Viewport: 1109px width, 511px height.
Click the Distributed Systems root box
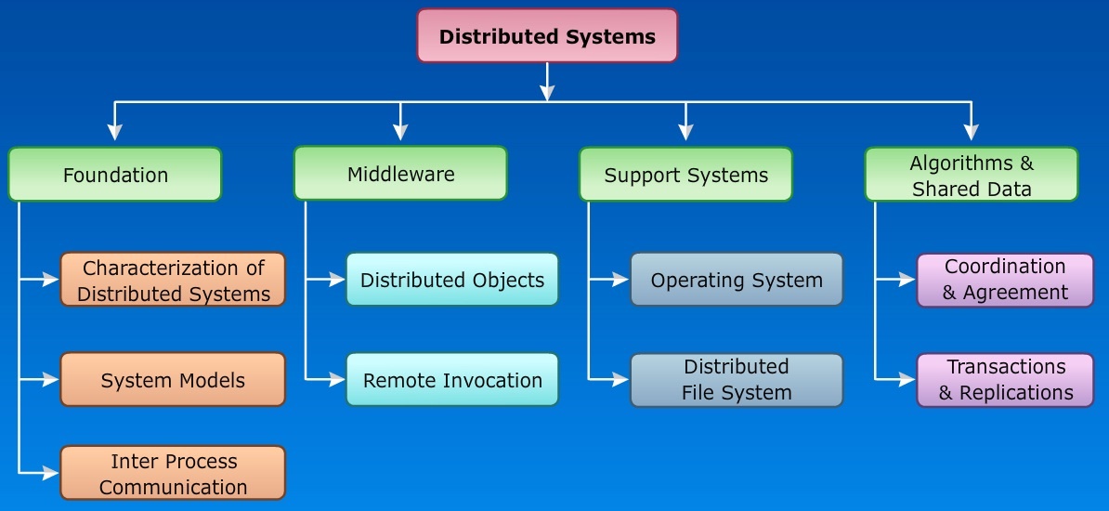pyautogui.click(x=547, y=36)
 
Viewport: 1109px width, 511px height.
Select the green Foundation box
pyautogui.click(x=115, y=175)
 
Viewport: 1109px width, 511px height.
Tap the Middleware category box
pyautogui.click(x=400, y=174)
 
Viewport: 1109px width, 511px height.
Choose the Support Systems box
pyautogui.click(x=685, y=175)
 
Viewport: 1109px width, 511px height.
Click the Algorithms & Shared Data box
pyautogui.click(x=971, y=175)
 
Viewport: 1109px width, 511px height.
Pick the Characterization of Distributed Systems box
pyautogui.click(x=173, y=280)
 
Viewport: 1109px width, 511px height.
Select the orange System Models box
pyautogui.click(x=173, y=379)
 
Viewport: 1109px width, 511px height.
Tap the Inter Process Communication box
pyautogui.click(x=173, y=473)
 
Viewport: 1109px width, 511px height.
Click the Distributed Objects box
pyautogui.click(x=452, y=280)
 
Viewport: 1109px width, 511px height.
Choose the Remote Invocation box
pyautogui.click(x=452, y=379)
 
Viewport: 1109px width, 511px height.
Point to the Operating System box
pyautogui.click(x=737, y=280)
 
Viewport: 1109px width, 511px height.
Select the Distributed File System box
pyautogui.click(x=737, y=379)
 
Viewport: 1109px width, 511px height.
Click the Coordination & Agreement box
pyautogui.click(x=1005, y=280)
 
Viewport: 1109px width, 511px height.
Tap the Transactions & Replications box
pyautogui.click(x=1005, y=379)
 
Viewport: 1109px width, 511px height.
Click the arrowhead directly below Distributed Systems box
pyautogui.click(x=547, y=92)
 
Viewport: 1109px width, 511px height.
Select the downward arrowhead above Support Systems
pyautogui.click(x=685, y=134)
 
